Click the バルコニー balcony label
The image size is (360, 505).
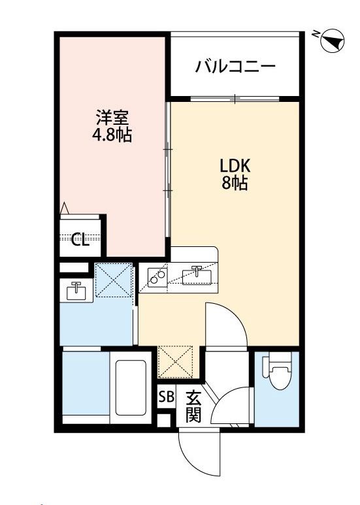tap(235, 67)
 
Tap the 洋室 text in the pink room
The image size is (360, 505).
tap(112, 118)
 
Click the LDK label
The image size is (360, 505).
tap(235, 166)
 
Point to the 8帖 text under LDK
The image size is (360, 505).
tap(235, 183)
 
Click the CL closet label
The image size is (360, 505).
tap(80, 239)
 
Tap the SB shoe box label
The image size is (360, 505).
tap(167, 397)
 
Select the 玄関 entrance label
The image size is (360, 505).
tap(193, 407)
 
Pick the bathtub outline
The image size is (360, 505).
tap(131, 387)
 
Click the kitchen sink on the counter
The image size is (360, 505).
tap(197, 276)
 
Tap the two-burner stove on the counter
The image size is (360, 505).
tap(157, 276)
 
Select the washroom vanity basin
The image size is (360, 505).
tap(76, 291)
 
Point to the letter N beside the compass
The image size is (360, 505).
tap(316, 33)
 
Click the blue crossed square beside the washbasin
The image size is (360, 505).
tap(114, 280)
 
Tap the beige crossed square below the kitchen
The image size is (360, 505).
tap(175, 362)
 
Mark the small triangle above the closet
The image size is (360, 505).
tap(65, 207)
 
